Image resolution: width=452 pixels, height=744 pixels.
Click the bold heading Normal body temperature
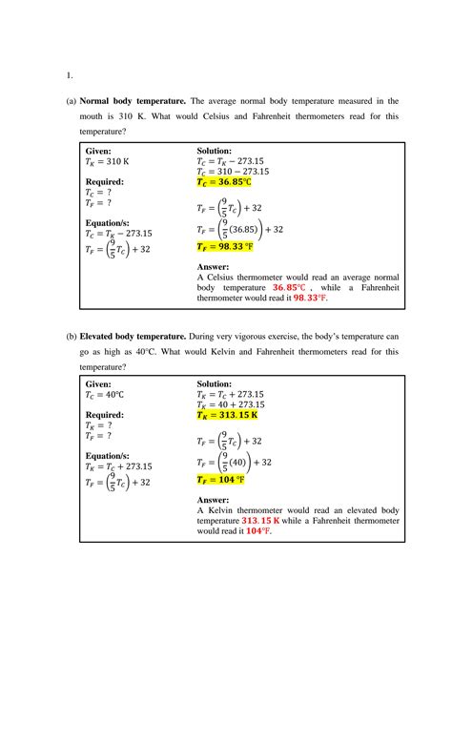133,100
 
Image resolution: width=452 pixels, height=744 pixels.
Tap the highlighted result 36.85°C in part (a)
224,182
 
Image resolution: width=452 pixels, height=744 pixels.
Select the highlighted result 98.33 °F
225,246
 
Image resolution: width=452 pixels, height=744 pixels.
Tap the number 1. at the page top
70,74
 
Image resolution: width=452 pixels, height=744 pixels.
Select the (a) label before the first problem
71,100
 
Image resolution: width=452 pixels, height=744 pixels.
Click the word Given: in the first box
98,151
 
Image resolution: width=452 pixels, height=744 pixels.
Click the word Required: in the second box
105,415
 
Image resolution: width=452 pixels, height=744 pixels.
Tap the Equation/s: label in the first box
107,222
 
